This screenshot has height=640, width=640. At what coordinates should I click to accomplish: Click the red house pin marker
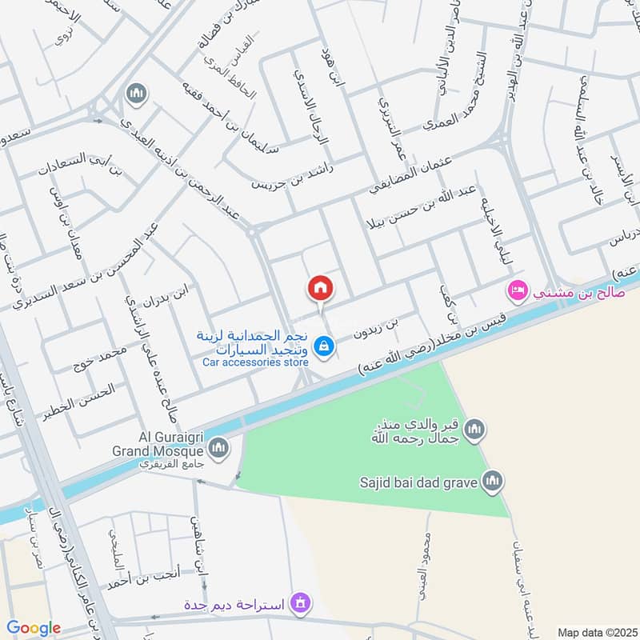coord(320,288)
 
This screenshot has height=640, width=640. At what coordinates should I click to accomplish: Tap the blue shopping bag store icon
coord(324,346)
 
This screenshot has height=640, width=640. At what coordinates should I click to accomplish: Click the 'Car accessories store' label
coord(255,362)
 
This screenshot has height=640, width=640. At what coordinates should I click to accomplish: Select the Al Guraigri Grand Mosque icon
coord(218,446)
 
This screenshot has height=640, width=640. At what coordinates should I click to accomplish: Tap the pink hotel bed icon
coord(518,288)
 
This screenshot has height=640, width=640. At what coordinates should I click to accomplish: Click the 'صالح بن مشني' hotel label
coord(570,293)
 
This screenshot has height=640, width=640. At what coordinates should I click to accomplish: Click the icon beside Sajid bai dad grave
coord(491,481)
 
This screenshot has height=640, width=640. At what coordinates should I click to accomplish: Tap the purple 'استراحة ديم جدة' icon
coord(300,601)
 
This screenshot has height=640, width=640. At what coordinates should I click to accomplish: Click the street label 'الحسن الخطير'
coord(84,395)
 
